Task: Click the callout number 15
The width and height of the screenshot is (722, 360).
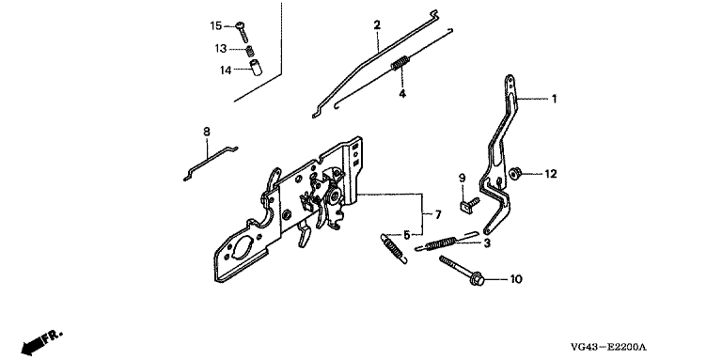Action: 216,26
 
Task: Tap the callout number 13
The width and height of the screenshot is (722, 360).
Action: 221,48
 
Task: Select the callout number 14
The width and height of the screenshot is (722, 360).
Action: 226,70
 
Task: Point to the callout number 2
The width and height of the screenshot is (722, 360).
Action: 377,24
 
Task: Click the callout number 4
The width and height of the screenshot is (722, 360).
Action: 402,94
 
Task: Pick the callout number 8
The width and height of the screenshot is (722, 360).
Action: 207,132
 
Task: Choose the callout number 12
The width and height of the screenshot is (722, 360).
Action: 551,174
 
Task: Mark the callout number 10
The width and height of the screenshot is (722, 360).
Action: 516,279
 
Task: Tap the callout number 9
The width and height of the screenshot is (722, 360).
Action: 462,178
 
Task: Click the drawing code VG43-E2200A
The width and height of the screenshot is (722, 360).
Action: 609,347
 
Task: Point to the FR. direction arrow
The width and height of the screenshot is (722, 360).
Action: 41,342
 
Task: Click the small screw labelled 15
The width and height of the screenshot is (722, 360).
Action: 243,32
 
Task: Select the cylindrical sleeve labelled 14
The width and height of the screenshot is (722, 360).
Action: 256,68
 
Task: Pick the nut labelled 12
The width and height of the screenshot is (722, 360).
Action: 514,174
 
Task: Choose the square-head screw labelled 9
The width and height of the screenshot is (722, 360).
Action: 469,203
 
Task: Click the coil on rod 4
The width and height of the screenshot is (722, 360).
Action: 400,63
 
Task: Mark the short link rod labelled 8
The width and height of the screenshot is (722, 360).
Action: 211,163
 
